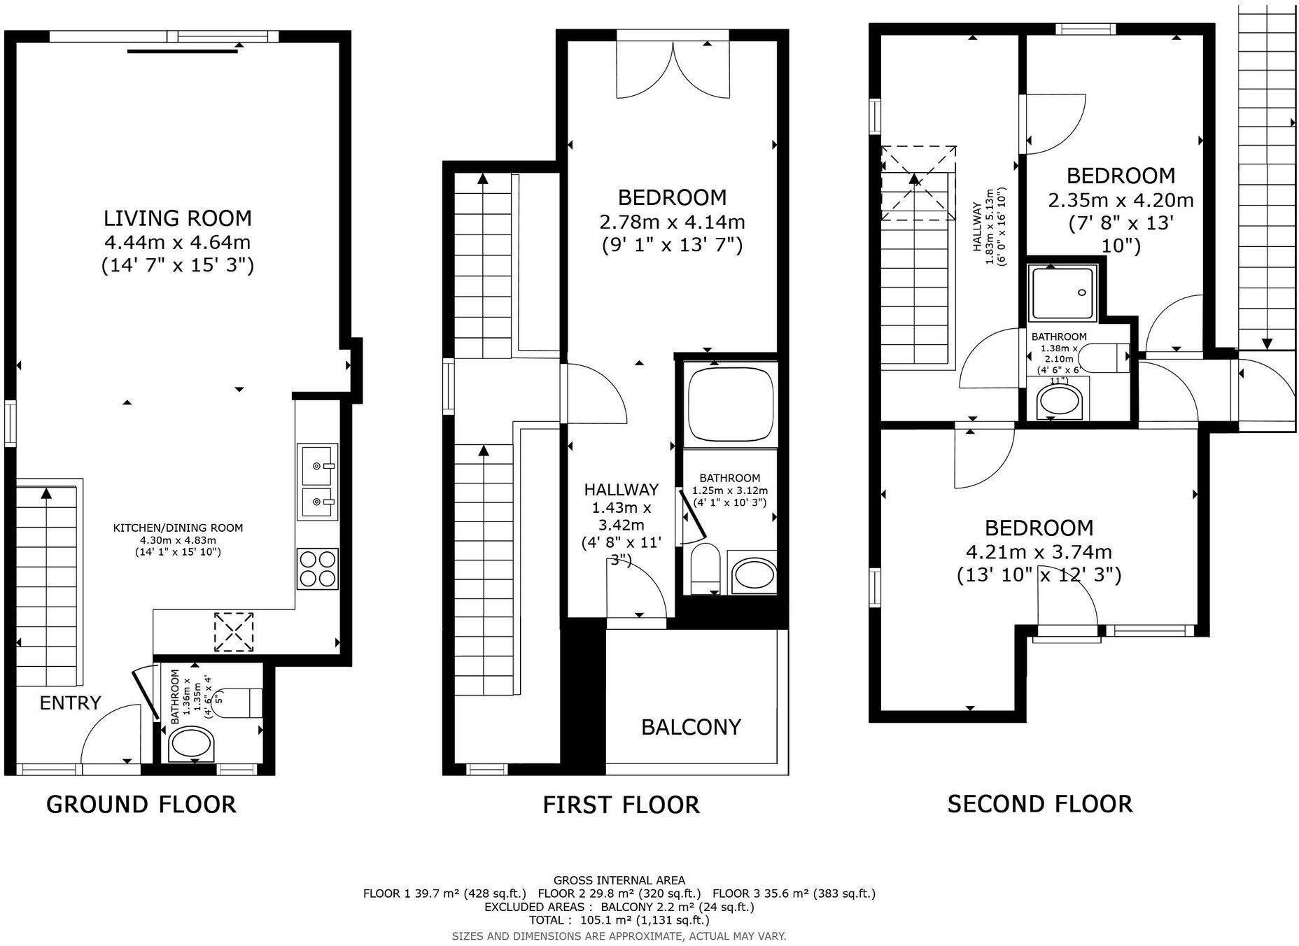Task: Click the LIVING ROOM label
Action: click(x=177, y=218)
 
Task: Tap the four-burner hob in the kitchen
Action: click(x=317, y=568)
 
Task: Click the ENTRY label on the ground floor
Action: click(x=70, y=703)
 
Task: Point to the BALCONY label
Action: click(x=691, y=727)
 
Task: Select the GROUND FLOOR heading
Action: click(x=141, y=804)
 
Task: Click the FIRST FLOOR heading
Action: click(x=621, y=805)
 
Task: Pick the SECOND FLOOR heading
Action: click(x=1039, y=803)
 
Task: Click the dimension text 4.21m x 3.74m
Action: click(x=1039, y=552)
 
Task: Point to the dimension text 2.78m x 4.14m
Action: click(x=672, y=223)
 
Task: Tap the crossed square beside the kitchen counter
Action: click(x=234, y=632)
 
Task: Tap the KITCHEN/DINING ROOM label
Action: click(x=178, y=528)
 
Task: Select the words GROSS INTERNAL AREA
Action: click(x=619, y=880)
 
